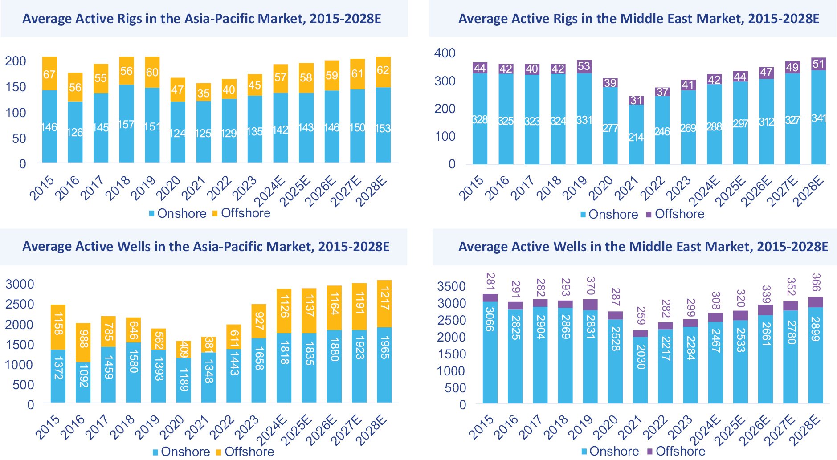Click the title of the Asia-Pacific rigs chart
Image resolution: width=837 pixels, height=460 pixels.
pos(202,19)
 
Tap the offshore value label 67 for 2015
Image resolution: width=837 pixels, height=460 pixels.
pos(49,74)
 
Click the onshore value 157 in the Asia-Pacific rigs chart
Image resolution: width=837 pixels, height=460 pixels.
pos(127,125)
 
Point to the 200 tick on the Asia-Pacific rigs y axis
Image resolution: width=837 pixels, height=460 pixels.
pos(16,61)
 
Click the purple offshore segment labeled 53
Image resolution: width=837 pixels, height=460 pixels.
pos(584,67)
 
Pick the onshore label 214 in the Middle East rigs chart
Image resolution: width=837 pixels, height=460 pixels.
pos(636,137)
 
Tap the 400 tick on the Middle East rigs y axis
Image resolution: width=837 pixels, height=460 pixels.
pos(445,53)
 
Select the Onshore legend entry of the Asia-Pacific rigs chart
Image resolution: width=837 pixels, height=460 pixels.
pos(178,214)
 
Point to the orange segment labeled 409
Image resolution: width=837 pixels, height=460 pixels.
pos(184,350)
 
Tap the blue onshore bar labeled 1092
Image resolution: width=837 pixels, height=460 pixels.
pos(83,383)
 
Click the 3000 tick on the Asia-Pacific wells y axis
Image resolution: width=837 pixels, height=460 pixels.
pos(20,284)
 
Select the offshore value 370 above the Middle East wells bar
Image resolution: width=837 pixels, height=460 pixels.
pos(591,286)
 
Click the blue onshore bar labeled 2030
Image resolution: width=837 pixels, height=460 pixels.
pos(641,370)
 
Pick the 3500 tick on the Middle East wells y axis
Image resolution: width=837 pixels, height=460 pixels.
pos(452,286)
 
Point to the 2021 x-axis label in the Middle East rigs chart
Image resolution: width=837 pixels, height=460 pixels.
pos(626,188)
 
